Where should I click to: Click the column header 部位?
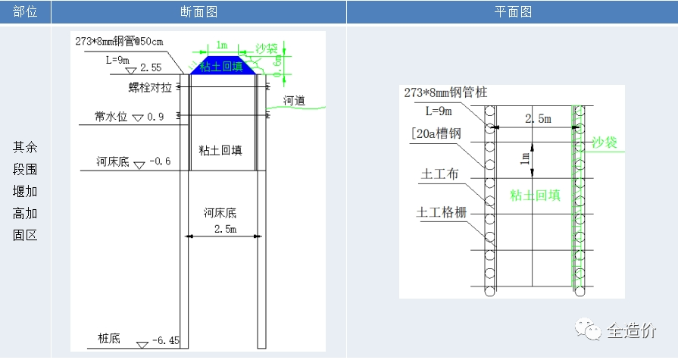click(x=25, y=12)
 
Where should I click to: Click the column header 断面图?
click(x=198, y=12)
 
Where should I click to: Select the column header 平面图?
click(x=512, y=12)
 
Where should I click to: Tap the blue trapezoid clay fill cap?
click(x=222, y=66)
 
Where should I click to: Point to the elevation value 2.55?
click(x=151, y=68)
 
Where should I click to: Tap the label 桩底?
click(x=109, y=338)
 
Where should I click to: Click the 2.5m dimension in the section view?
click(x=225, y=228)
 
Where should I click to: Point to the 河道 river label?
click(x=294, y=99)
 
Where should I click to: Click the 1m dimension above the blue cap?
click(x=221, y=45)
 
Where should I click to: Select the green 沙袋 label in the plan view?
click(x=605, y=142)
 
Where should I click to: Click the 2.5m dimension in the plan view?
click(x=537, y=119)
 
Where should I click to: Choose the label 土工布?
click(x=440, y=174)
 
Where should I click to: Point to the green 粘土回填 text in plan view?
click(x=535, y=195)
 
